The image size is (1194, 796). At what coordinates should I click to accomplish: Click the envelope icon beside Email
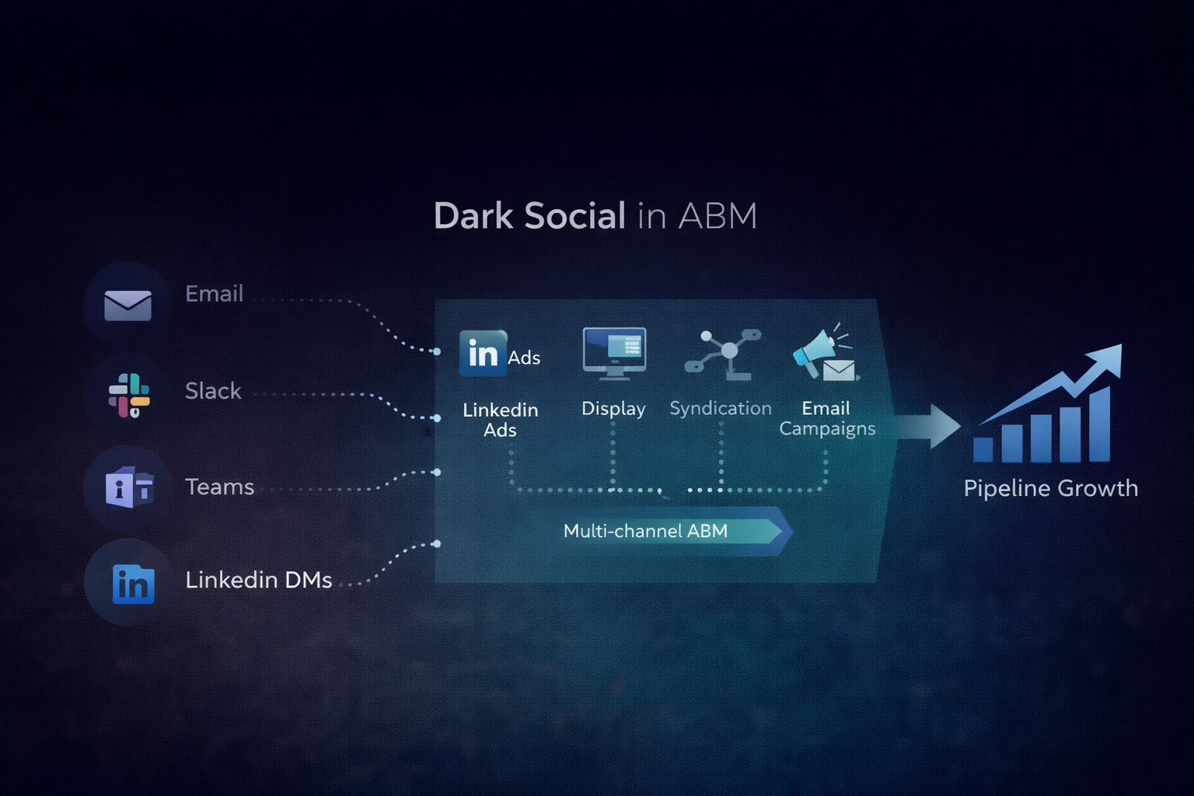[127, 305]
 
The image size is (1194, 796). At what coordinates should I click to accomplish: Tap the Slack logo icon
[129, 395]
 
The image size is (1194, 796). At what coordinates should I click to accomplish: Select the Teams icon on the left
[129, 488]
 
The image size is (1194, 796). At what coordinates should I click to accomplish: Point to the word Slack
[213, 391]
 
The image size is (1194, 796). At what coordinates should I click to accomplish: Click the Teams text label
[219, 487]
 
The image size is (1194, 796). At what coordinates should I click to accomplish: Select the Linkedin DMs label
[258, 580]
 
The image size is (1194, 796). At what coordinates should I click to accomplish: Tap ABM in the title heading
[717, 216]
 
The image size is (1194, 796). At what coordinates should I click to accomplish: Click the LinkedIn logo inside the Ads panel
[483, 354]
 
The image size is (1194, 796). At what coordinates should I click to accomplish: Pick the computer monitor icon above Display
[614, 352]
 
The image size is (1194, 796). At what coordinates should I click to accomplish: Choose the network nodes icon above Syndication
[723, 354]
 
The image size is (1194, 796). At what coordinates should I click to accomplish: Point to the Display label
[613, 409]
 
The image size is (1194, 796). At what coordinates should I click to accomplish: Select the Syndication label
[721, 409]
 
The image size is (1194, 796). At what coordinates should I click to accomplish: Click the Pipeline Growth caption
[1050, 488]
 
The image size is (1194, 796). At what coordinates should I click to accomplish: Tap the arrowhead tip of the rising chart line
[1113, 352]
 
